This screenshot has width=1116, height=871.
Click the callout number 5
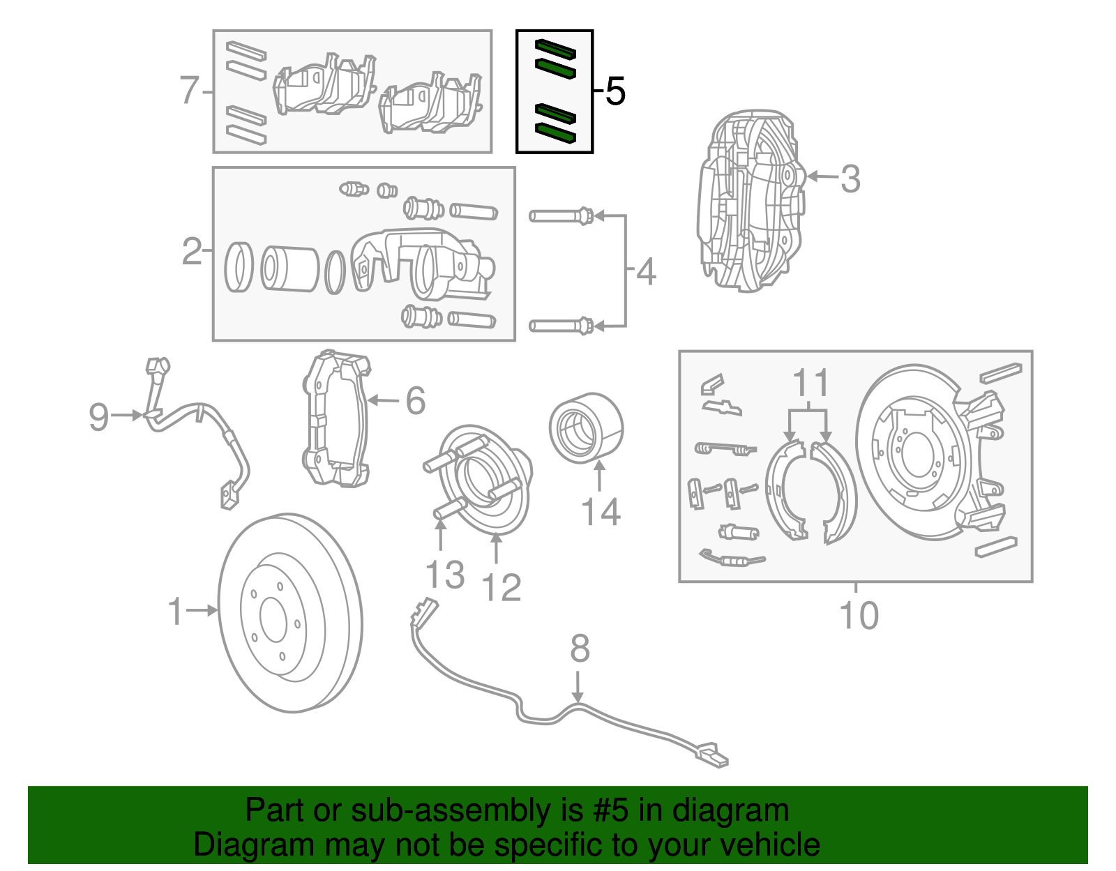(615, 91)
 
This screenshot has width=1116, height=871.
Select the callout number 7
(190, 91)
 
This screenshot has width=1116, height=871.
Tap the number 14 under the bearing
(601, 513)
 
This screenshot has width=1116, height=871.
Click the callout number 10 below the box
(859, 616)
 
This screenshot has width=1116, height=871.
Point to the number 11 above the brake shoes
(811, 383)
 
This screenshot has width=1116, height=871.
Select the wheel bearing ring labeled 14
(586, 427)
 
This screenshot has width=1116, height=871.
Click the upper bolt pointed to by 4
(561, 216)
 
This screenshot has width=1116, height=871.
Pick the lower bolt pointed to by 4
(561, 325)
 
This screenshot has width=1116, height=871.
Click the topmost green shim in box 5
(555, 48)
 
